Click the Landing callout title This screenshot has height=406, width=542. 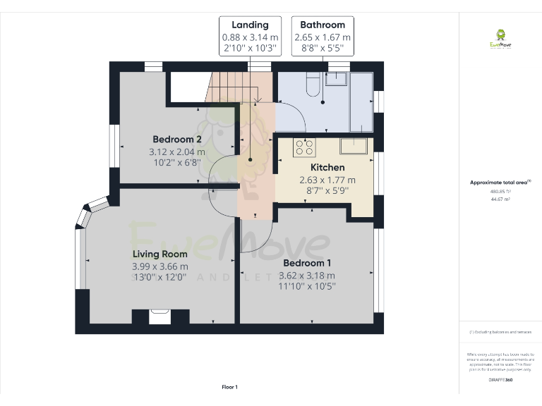click(x=250, y=25)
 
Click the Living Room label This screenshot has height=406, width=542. click(x=160, y=254)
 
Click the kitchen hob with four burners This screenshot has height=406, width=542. click(x=304, y=147)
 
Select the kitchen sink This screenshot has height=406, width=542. click(x=354, y=146)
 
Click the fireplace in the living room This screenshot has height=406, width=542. click(x=160, y=316)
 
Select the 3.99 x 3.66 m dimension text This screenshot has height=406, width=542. click(x=160, y=266)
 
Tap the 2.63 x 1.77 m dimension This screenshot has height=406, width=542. click(x=328, y=180)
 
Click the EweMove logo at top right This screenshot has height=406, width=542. click(x=500, y=39)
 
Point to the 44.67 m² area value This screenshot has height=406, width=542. click(x=500, y=199)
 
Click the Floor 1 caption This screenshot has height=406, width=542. click(x=230, y=387)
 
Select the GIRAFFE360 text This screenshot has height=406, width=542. click(x=500, y=380)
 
